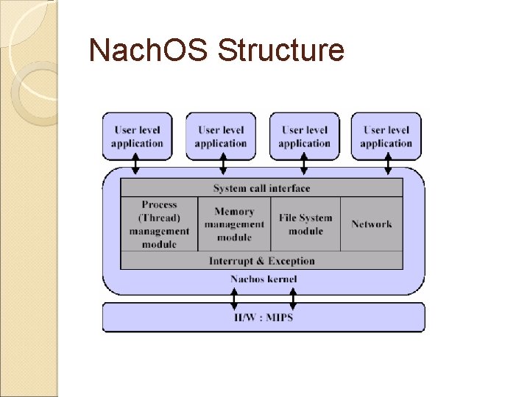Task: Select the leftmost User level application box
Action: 137,136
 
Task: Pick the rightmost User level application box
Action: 386,136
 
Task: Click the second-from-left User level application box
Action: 220,136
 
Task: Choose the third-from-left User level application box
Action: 304,136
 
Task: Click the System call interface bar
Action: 261,188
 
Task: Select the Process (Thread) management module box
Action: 159,224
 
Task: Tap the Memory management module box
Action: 234,224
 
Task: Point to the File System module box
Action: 305,224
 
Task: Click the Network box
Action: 372,224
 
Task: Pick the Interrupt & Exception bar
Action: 261,261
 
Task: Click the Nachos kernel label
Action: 264,279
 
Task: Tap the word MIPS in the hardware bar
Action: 280,318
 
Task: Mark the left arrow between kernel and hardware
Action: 234,298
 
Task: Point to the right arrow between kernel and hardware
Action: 293,298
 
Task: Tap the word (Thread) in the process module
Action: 159,218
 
